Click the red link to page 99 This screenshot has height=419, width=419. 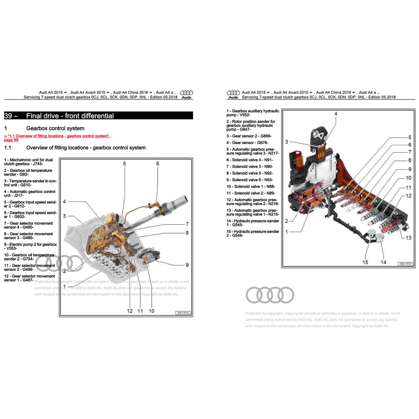pyautogui.click(x=57, y=138)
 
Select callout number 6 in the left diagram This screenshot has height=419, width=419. pyautogui.click(x=158, y=164)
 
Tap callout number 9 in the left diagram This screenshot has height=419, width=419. pyautogui.click(x=187, y=265)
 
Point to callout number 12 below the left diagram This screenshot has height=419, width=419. pyautogui.click(x=130, y=311)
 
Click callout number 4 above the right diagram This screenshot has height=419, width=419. pyautogui.click(x=336, y=114)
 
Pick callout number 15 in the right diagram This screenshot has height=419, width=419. pyautogui.click(x=365, y=262)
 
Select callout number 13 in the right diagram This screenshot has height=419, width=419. pyautogui.click(x=408, y=238)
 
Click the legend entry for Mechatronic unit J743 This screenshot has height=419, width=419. pyautogui.click(x=29, y=162)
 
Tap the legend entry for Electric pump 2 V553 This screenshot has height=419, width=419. pyautogui.click(x=31, y=246)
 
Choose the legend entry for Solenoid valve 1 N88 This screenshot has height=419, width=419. pyautogui.click(x=250, y=187)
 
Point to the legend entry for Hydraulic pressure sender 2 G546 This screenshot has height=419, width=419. pyautogui.click(x=253, y=233)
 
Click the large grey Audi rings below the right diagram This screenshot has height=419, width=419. pyautogui.click(x=270, y=295)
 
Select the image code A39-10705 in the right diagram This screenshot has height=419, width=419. pyautogui.click(x=405, y=264)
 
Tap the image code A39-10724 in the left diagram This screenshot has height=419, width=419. pyautogui.click(x=182, y=313)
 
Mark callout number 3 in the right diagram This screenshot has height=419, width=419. pyautogui.click(x=286, y=142)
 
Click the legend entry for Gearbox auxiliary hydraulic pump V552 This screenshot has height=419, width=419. pyautogui.click(x=253, y=113)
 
